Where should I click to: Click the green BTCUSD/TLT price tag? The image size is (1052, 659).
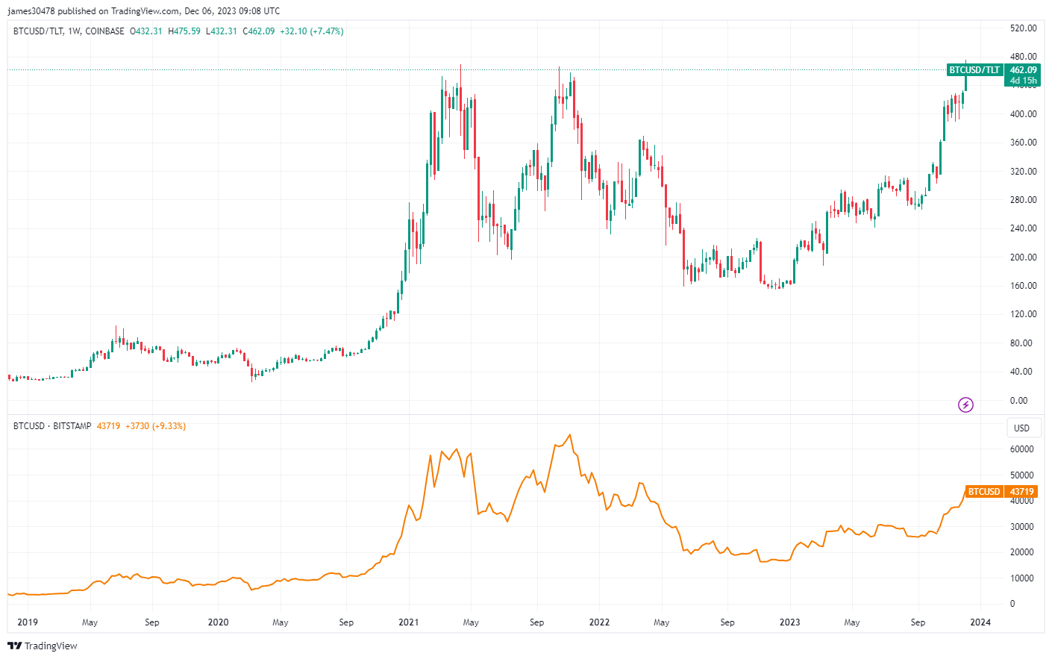(x=974, y=70)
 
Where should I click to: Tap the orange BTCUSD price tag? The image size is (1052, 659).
(x=983, y=492)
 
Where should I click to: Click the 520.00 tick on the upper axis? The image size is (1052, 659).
(x=1023, y=28)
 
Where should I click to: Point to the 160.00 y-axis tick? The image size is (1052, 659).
(x=1023, y=286)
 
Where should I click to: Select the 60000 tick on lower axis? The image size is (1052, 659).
(x=1021, y=449)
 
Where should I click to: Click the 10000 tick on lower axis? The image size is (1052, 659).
(x=1021, y=578)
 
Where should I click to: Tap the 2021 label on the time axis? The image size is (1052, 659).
(x=408, y=622)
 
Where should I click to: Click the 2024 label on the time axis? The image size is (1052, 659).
(x=980, y=622)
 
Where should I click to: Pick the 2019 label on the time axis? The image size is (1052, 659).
(x=28, y=622)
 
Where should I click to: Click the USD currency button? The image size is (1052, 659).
(x=1021, y=428)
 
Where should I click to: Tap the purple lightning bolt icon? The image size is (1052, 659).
(x=965, y=405)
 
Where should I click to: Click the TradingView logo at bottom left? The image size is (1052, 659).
(x=43, y=646)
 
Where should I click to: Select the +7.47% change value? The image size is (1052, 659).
(x=327, y=31)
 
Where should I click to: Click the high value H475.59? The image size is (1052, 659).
(x=184, y=31)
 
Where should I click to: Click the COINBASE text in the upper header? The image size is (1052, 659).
(x=104, y=31)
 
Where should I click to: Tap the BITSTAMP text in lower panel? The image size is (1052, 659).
(x=72, y=426)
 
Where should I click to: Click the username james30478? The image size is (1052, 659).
(x=31, y=11)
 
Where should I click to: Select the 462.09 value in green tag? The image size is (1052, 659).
(x=1023, y=70)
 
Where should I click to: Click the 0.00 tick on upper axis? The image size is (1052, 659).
(x=1018, y=401)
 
